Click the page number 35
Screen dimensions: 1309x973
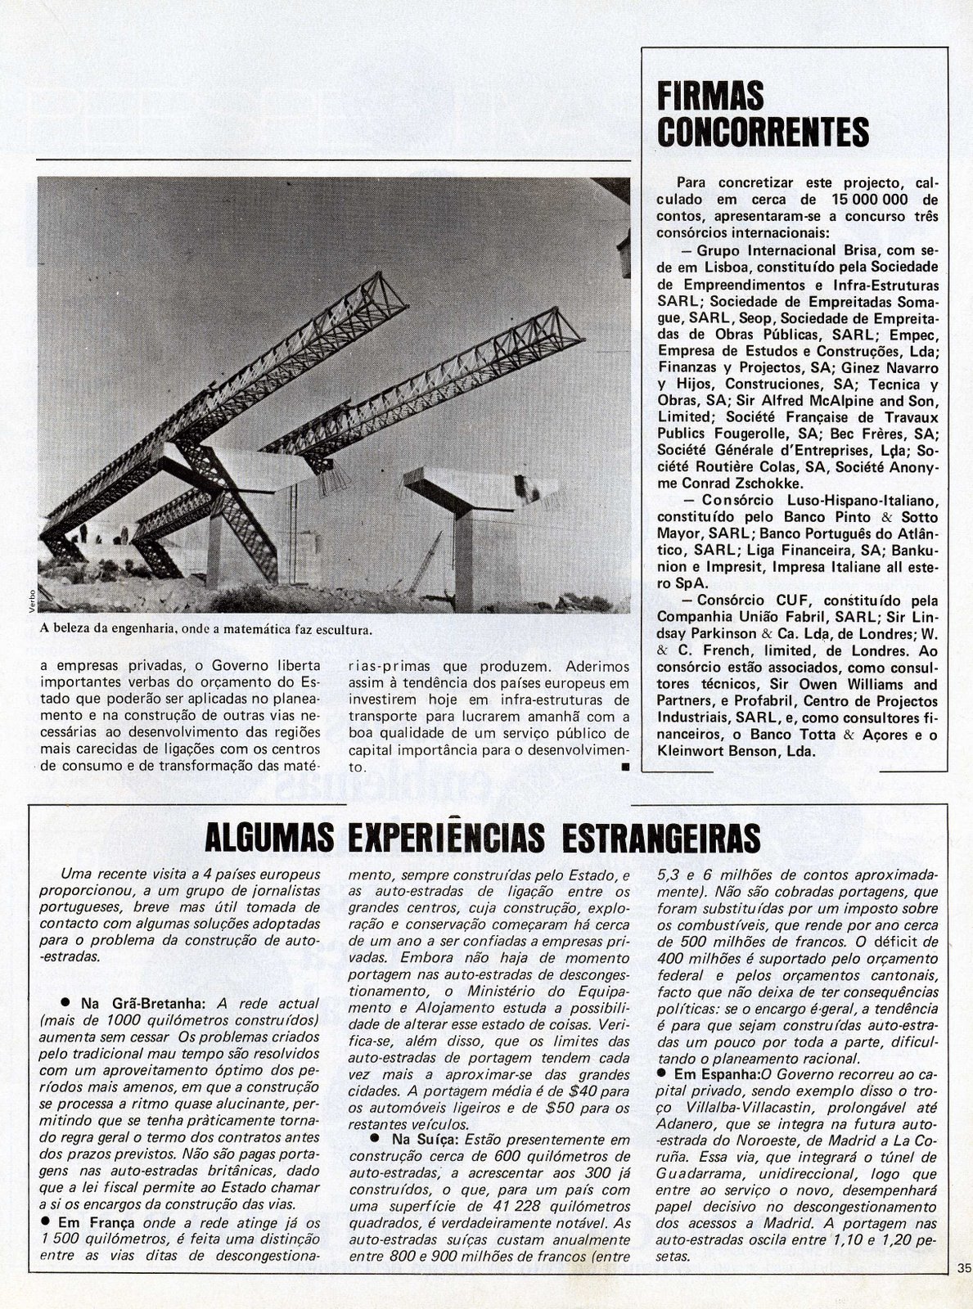tap(962, 1291)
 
